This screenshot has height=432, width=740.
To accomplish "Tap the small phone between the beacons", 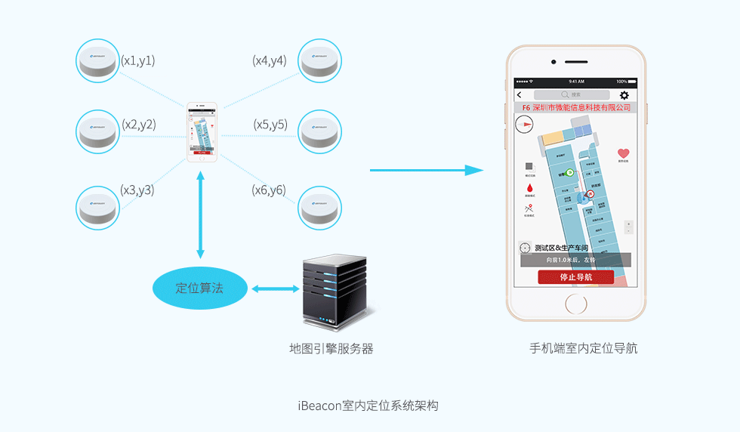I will pyautogui.click(x=202, y=132).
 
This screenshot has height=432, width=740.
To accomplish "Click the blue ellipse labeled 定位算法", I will pyautogui.click(x=199, y=288).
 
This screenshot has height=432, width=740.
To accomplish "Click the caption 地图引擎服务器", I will pyautogui.click(x=331, y=349).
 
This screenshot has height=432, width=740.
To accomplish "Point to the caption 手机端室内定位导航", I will pyautogui.click(x=584, y=348).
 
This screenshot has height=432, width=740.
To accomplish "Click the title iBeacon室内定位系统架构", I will pyautogui.click(x=368, y=406).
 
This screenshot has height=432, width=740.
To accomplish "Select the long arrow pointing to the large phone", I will pyautogui.click(x=426, y=171).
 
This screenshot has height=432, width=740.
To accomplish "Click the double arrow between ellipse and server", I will pyautogui.click(x=275, y=289).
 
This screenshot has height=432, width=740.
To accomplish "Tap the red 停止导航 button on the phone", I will pyautogui.click(x=575, y=277).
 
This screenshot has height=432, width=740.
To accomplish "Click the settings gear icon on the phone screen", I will pyautogui.click(x=624, y=95).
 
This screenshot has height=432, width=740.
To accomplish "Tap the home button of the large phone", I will pyautogui.click(x=576, y=304).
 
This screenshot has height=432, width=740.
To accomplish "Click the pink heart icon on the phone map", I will pyautogui.click(x=623, y=153).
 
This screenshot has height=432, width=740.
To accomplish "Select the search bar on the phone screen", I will pyautogui.click(x=572, y=95).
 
